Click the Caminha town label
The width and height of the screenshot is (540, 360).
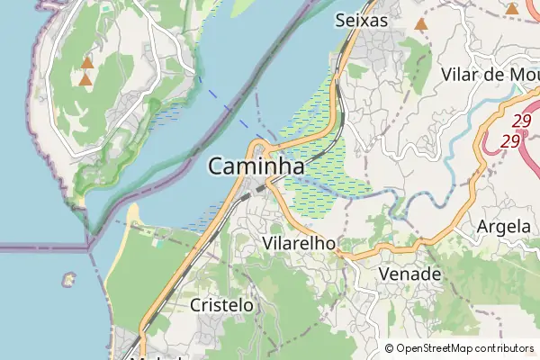point(256,166)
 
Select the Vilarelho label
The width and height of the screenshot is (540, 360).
point(300,243)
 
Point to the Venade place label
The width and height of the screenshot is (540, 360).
point(410,273)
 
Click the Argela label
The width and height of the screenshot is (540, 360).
point(504,226)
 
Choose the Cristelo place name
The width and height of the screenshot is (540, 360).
point(221,305)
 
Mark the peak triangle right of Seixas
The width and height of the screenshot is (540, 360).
point(420,23)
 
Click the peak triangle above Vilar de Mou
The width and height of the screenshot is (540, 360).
point(511,9)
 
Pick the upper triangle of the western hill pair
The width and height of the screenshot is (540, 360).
point(87,63)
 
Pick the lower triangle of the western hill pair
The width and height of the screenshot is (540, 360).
point(85,80)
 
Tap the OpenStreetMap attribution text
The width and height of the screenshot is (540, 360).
point(464,348)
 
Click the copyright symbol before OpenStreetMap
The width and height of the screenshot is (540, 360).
point(390,348)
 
